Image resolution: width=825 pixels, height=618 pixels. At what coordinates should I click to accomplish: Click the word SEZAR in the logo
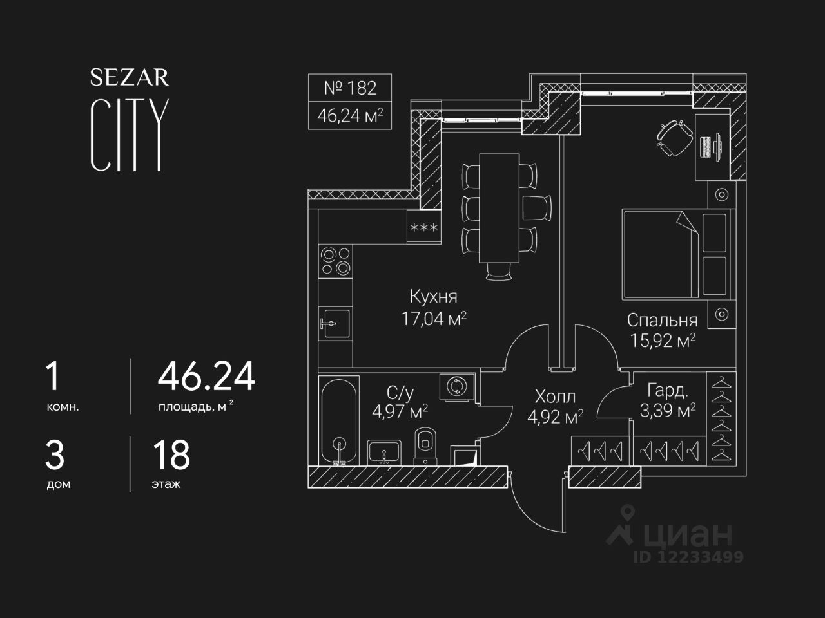coord(130,77)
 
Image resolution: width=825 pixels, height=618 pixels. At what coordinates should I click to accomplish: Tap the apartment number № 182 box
coord(350,88)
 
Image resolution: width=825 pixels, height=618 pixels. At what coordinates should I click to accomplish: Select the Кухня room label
coord(434,296)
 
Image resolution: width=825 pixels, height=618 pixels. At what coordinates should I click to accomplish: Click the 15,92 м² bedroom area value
coord(663,341)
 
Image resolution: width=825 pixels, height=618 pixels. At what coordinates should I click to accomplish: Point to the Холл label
coord(555,397)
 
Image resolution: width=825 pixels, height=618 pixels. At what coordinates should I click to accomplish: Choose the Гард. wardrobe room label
coord(668,391)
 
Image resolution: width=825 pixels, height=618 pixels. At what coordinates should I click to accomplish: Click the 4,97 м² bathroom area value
coord(400,411)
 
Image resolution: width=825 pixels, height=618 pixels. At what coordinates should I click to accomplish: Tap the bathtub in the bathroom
coord(339,422)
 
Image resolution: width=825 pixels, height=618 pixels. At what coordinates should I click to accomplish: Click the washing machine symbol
coord(457,388)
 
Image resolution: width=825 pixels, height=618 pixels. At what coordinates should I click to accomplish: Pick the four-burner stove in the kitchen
coord(335,261)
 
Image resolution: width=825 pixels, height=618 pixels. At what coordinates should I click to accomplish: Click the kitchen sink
coord(335,323)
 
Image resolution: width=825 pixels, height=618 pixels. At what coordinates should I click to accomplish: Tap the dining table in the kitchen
coord(499,208)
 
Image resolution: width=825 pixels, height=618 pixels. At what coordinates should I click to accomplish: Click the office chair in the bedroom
coord(675,138)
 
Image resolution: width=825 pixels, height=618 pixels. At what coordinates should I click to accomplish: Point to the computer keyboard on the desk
coord(706,147)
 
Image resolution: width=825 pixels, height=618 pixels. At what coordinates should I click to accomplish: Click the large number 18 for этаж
coord(171,455)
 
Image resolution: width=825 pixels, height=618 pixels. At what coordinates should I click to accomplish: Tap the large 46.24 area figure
coord(206,377)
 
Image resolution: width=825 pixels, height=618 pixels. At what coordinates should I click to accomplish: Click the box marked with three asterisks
coord(424,227)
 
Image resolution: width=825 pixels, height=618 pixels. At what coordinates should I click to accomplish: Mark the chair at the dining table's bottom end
coord(499,271)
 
